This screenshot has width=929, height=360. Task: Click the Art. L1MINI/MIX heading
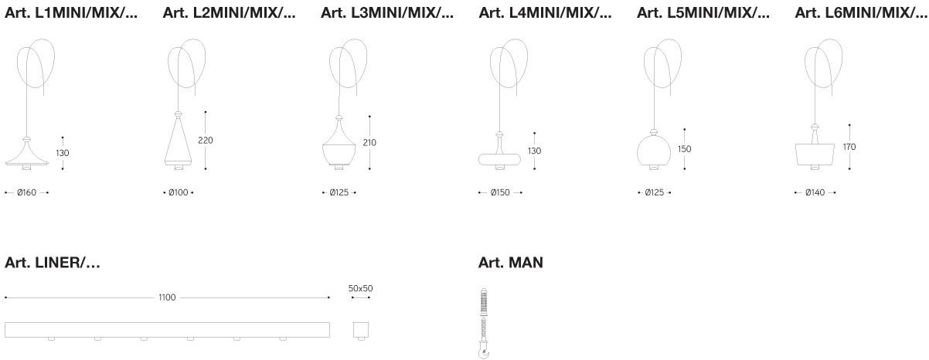[x=70, y=13]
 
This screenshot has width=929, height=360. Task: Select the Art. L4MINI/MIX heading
[x=545, y=13]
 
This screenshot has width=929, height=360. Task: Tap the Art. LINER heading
[x=53, y=263]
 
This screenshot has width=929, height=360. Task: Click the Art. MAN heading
[x=511, y=263]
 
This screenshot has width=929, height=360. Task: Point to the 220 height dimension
[x=206, y=140]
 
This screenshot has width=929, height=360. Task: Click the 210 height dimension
[x=369, y=143]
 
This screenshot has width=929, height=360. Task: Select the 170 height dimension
[x=849, y=147]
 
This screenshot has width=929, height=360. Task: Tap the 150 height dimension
[x=684, y=149]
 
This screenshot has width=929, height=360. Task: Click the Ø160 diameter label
[x=26, y=192]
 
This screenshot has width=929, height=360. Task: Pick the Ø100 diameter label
[x=179, y=192]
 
